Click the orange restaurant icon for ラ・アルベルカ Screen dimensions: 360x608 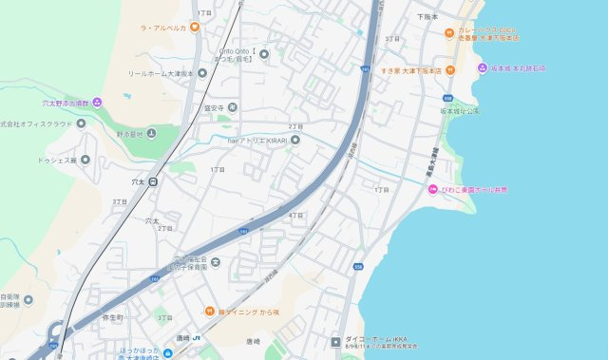tap(195, 28)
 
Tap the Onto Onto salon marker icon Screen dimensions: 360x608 tap(264, 53)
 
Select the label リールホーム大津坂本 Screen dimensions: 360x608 tap(161, 73)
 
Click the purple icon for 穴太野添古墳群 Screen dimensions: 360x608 tap(97, 102)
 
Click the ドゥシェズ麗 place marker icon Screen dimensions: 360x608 tap(85, 160)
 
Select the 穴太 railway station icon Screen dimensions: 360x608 tap(153, 180)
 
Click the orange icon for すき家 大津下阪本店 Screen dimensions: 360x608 tap(451, 69)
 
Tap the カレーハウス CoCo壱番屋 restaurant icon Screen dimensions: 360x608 tap(451, 32)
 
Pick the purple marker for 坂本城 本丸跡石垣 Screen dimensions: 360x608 tap(482, 68)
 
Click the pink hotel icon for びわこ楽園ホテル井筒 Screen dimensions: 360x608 tap(432, 190)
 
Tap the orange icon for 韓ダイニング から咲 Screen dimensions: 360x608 tap(209, 311)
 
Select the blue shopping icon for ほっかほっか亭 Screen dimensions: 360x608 tap(123, 352)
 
